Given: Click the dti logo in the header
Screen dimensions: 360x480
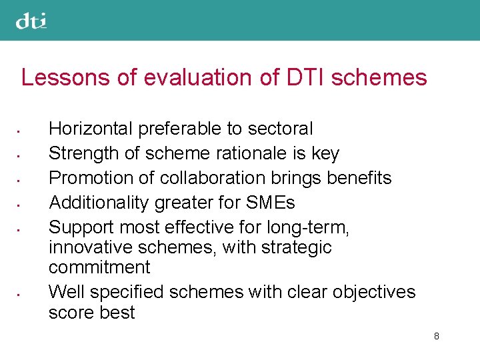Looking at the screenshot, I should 31,22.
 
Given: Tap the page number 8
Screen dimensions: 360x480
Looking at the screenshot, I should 436,336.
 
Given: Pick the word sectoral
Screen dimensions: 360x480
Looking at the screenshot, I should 283,128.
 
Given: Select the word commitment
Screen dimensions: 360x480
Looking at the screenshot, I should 99,267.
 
